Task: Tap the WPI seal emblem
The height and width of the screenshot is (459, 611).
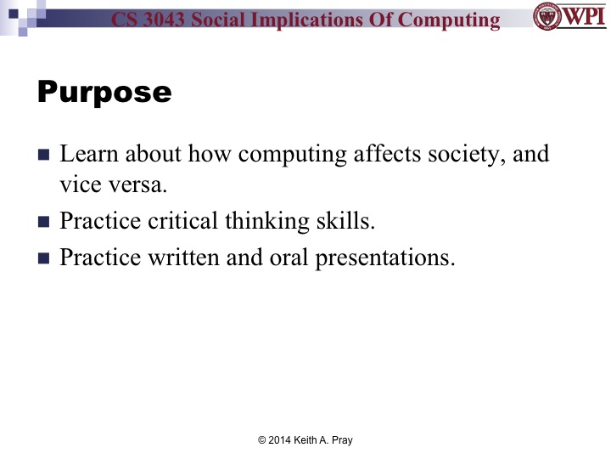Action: click(547, 17)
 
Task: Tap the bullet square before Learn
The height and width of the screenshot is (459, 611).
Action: click(45, 156)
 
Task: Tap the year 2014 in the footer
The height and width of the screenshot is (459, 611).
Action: click(282, 440)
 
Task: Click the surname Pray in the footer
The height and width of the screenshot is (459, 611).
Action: click(339, 440)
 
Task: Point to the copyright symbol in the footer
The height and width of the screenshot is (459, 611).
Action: click(262, 440)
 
